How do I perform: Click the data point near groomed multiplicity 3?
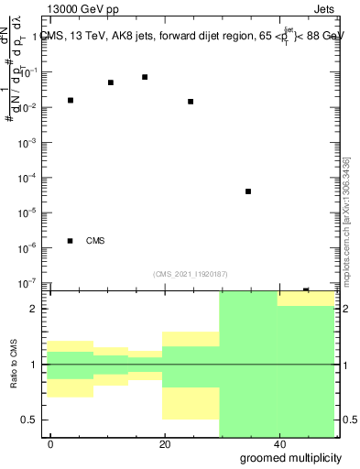click(71, 100)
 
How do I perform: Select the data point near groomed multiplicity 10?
click(111, 82)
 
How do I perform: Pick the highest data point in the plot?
click(145, 77)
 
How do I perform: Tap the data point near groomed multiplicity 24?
click(191, 102)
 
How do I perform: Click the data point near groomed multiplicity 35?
click(248, 191)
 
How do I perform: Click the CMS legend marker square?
click(71, 241)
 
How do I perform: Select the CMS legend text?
click(95, 241)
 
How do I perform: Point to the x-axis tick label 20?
click(164, 443)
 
